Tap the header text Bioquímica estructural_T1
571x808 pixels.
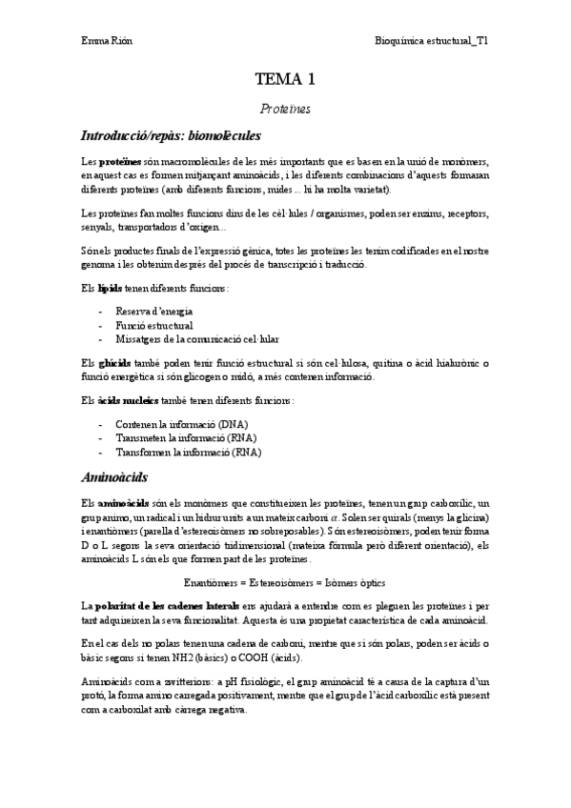[433, 42]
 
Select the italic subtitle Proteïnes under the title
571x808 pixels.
[285, 110]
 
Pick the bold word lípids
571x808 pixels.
[111, 288]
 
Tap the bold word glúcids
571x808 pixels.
[113, 362]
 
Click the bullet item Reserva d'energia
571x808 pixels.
[153, 312]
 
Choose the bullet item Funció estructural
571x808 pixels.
[153, 325]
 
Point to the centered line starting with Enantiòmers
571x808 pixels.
[285, 582]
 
